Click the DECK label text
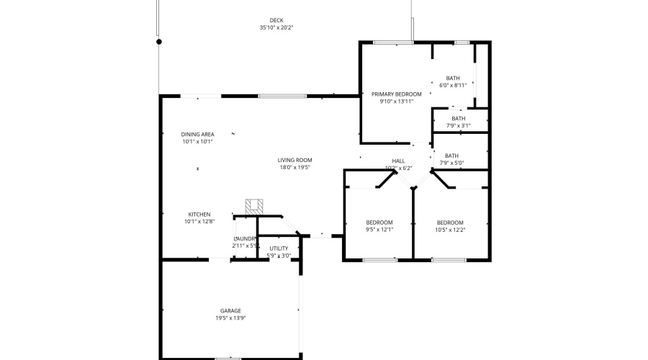point(276,20)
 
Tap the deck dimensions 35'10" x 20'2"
point(276,27)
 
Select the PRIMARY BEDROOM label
point(396,94)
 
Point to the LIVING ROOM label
point(295,160)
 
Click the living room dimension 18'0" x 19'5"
point(295,167)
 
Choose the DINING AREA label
point(197,135)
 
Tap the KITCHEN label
point(199,215)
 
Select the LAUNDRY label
point(246,238)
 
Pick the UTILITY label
point(279,248)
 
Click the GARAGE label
point(230,311)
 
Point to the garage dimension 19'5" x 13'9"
point(230,318)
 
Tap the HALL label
point(398,161)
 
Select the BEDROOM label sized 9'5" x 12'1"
point(379,222)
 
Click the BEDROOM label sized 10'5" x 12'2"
point(450,222)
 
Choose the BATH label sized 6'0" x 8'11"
point(453,78)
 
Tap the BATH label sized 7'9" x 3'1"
point(459,119)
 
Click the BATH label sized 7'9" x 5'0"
point(451,156)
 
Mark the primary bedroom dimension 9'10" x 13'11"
point(396,102)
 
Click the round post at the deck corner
point(159,41)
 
